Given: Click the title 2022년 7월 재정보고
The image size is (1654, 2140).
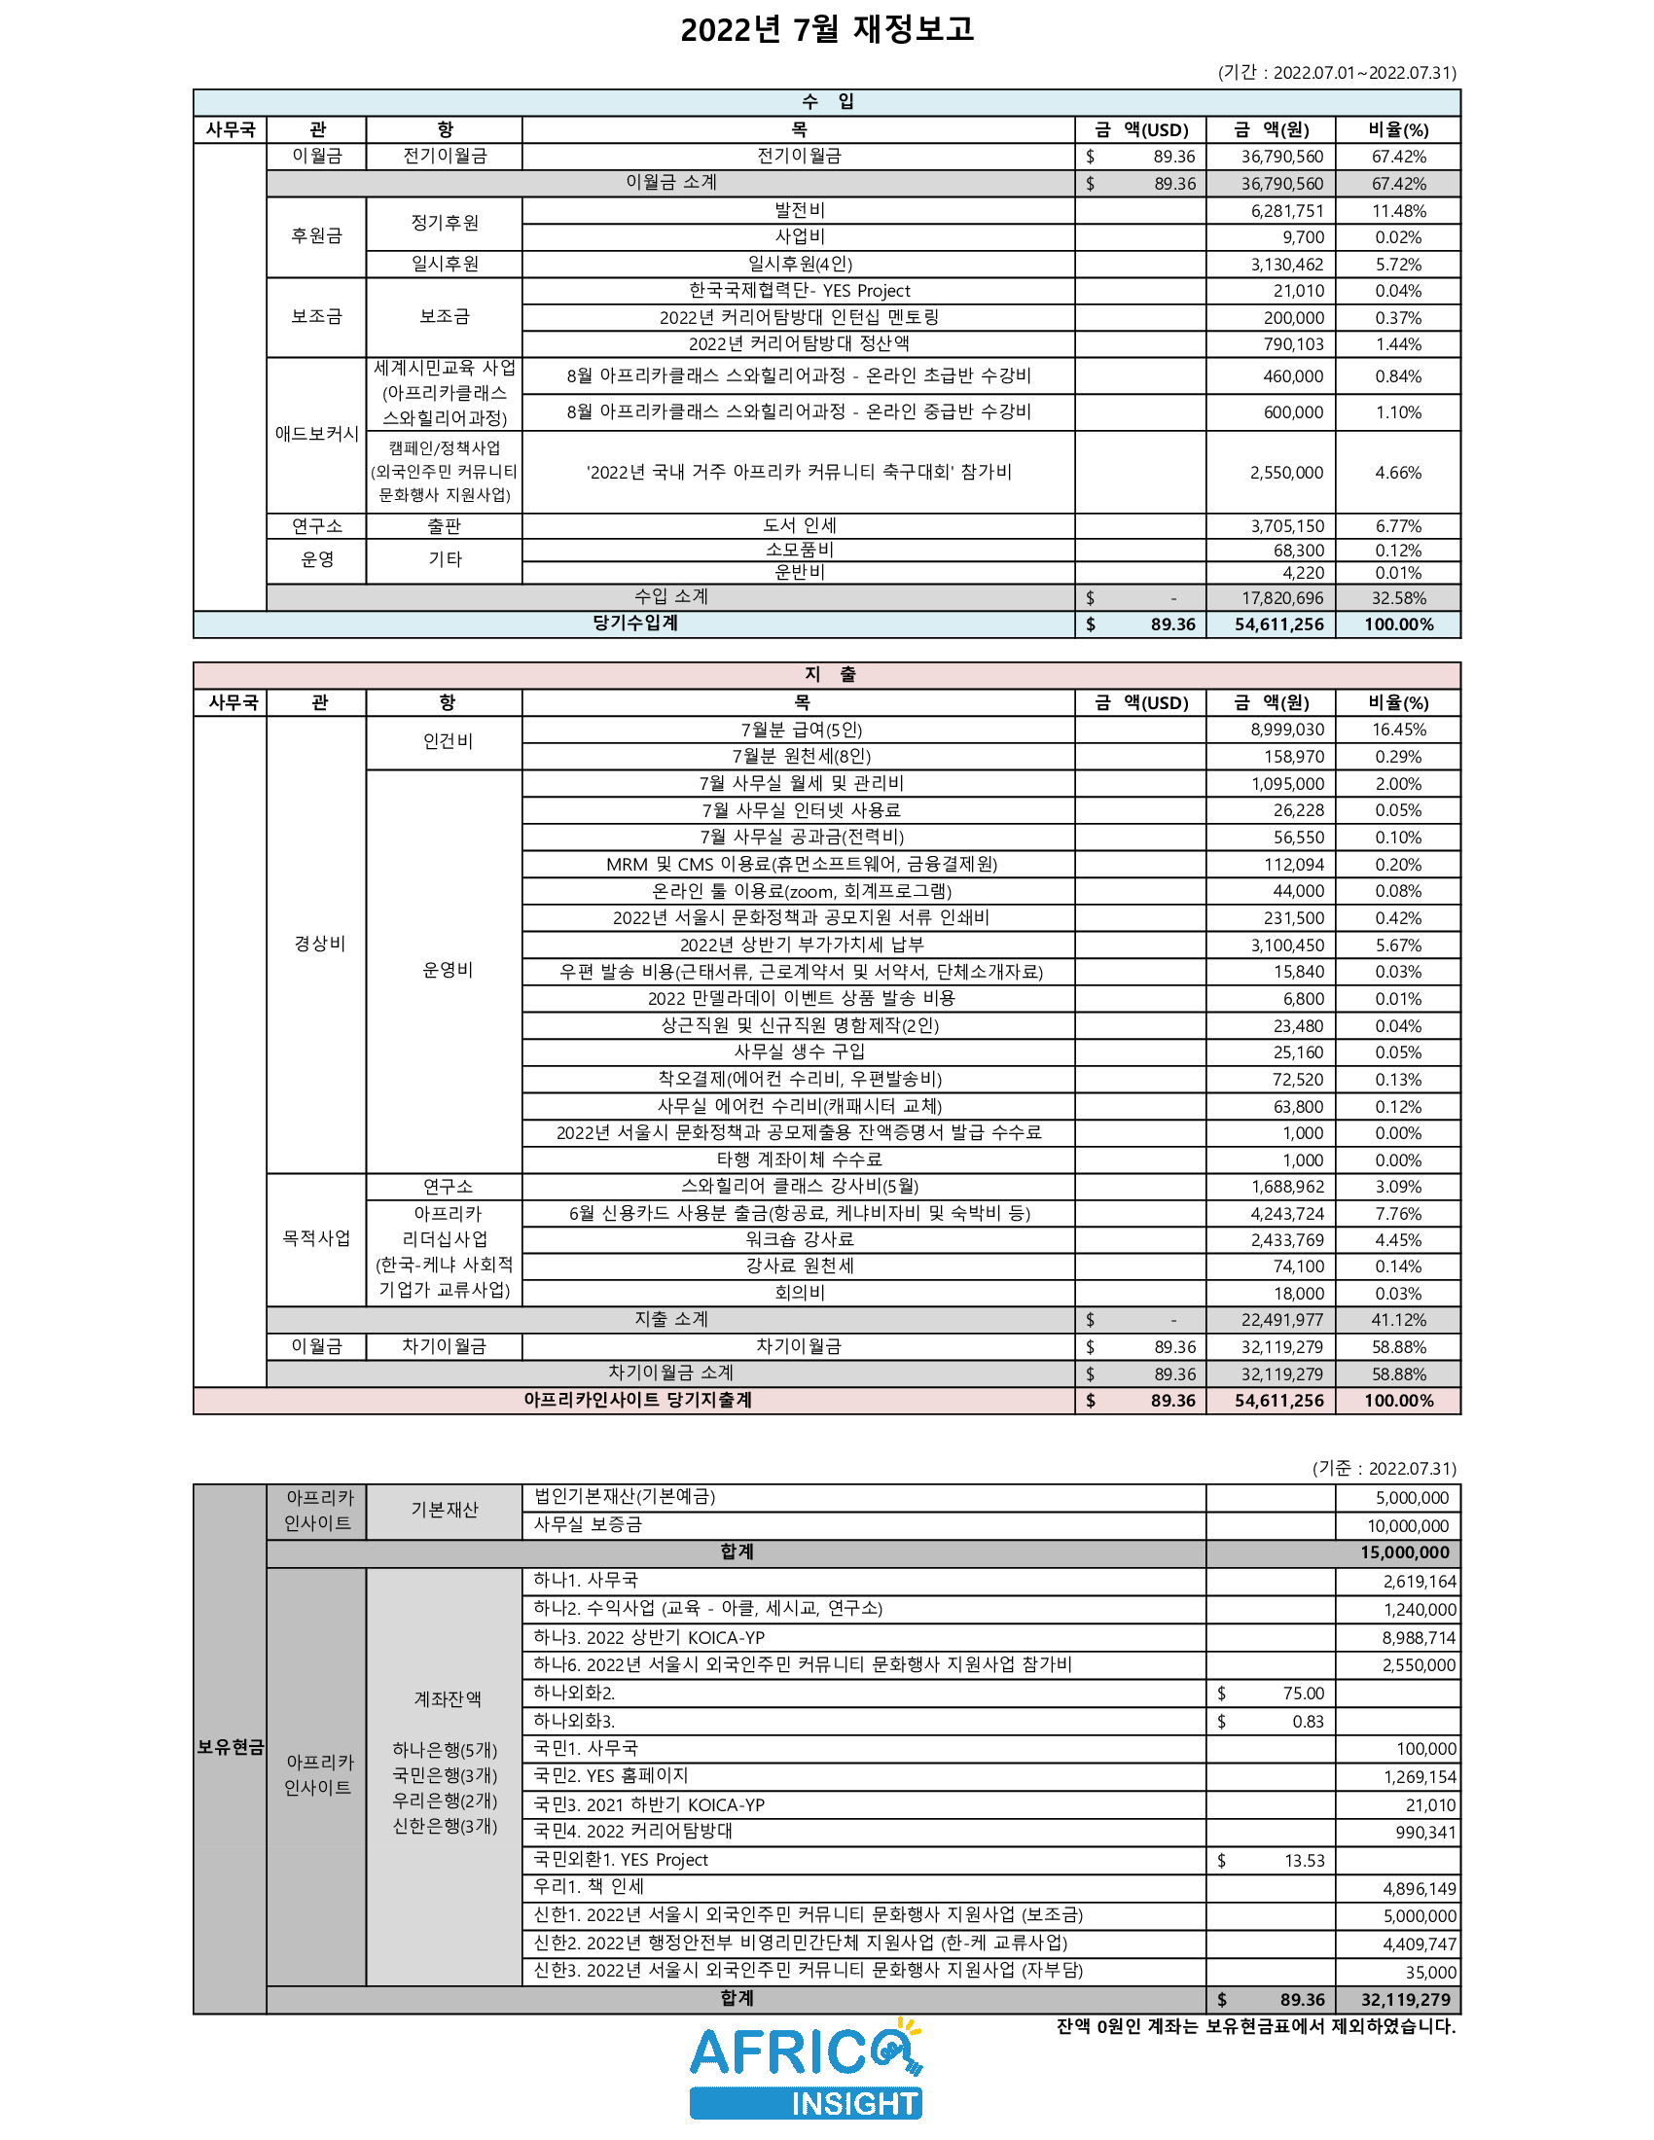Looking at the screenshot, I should [x=826, y=30].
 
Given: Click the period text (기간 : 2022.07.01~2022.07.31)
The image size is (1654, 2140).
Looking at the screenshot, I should [x=1337, y=73].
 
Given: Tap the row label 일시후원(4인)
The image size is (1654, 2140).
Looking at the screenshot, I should [x=800, y=264].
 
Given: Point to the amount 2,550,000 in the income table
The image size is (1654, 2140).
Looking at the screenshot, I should [x=1286, y=473].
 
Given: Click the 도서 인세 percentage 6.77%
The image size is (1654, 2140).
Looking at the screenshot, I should [x=1398, y=526].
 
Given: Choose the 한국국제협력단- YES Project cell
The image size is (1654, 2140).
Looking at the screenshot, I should [x=800, y=291].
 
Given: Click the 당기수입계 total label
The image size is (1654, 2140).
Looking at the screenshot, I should [x=635, y=624].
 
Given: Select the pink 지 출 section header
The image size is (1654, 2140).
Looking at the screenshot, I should [x=828, y=674].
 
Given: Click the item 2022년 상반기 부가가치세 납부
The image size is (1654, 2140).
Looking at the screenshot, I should [x=801, y=945].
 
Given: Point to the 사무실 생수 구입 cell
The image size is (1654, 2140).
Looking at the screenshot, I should [x=800, y=1052].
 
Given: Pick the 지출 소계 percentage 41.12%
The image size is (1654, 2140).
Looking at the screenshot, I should [x=1398, y=1320].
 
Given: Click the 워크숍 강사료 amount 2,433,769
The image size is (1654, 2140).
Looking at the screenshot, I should [x=1286, y=1239].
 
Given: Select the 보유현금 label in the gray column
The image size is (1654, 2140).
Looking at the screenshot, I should [x=231, y=1747].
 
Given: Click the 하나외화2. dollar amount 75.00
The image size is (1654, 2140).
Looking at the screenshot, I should [x=1303, y=1694].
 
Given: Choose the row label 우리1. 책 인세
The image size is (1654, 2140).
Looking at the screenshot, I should [x=588, y=1886].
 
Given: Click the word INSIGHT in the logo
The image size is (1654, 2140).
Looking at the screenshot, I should [x=853, y=2104].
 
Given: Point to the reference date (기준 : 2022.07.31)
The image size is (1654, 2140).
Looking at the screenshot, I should [x=1384, y=1468].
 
